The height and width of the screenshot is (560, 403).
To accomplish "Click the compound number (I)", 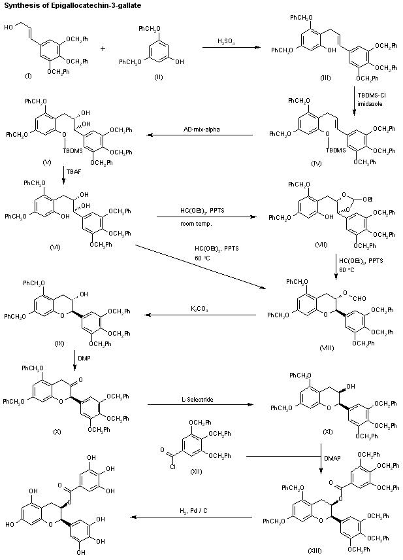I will point(27,77).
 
